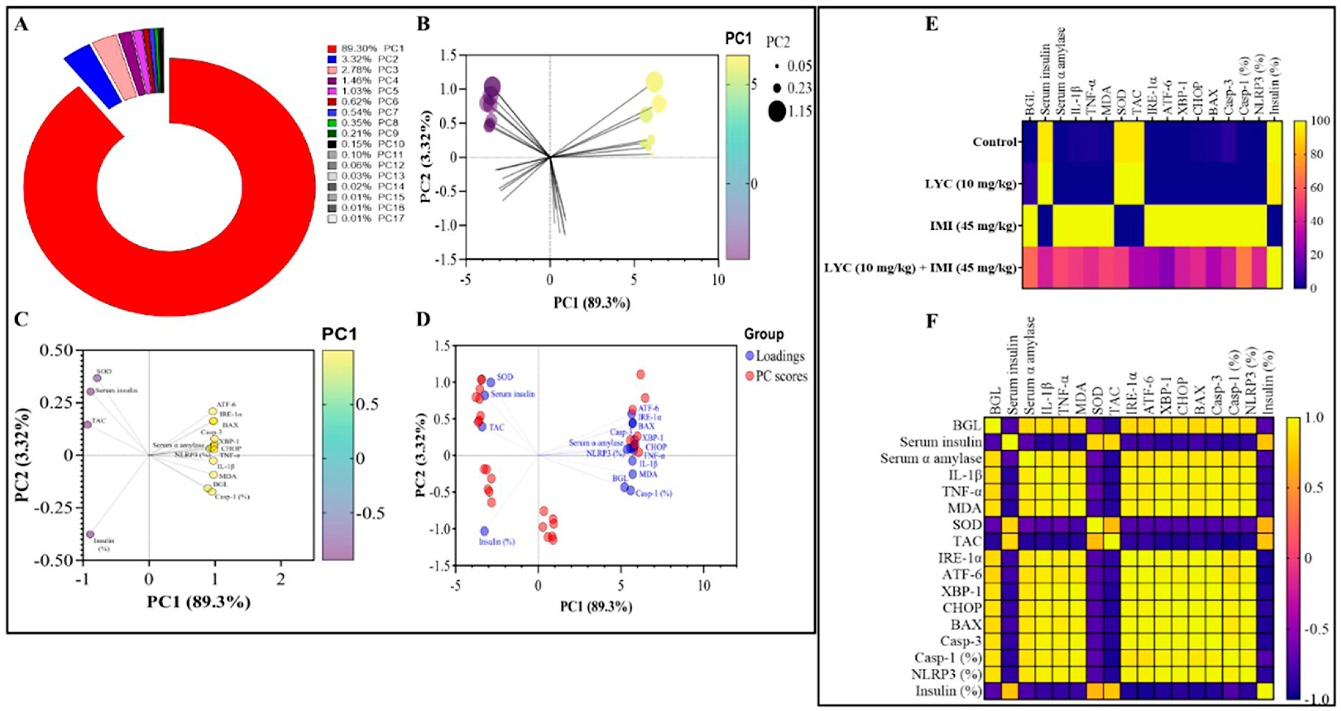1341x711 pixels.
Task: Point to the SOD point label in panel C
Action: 104,372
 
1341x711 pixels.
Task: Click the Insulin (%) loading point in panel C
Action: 90,534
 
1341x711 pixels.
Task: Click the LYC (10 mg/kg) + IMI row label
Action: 920,268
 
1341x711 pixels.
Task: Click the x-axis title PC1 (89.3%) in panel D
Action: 596,606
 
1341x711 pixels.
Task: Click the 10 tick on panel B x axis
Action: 718,280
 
